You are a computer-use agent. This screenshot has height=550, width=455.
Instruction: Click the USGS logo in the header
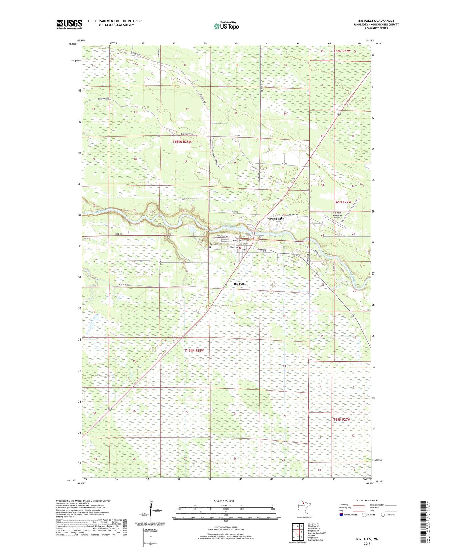[69, 24]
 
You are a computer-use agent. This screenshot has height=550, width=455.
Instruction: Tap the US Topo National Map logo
[226, 26]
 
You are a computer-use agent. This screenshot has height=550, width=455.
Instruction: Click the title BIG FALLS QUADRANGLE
[376, 21]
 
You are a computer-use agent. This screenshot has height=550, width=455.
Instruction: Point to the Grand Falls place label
[276, 219]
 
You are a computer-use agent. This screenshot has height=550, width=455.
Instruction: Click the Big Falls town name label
[240, 284]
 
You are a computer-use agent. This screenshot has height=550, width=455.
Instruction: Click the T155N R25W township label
[182, 142]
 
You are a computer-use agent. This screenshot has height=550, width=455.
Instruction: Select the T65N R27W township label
[342, 420]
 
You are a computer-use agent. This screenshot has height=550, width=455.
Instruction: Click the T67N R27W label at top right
[342, 51]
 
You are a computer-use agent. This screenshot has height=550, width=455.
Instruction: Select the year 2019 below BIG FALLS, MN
[367, 544]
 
